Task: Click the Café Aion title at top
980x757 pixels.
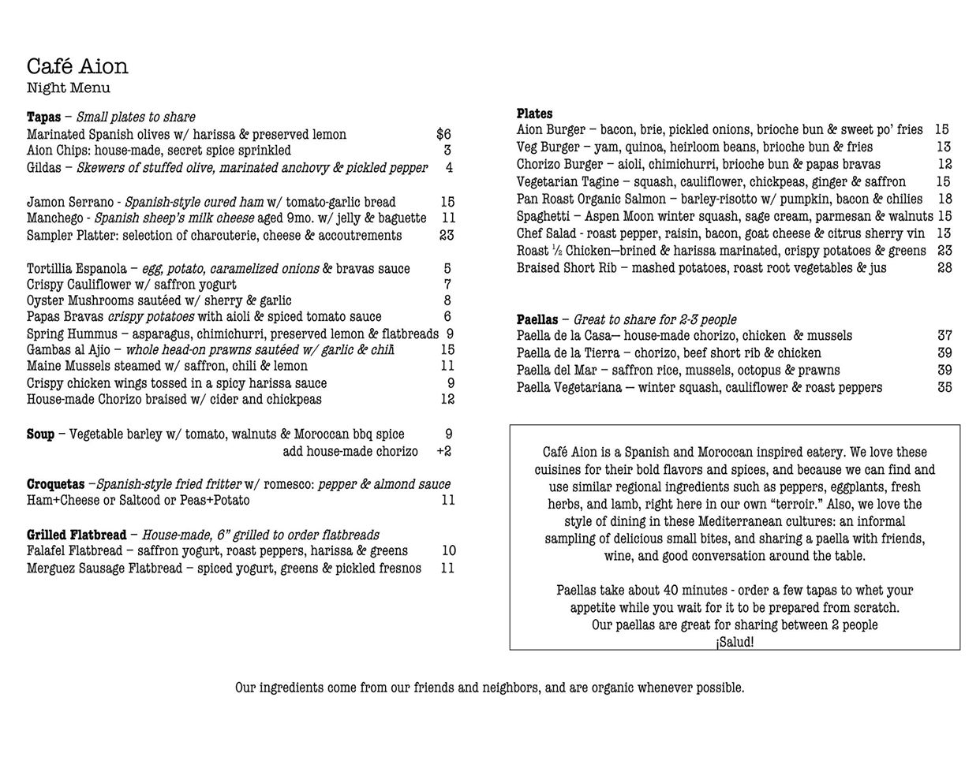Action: coord(77,66)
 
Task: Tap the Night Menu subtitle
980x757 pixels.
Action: coord(68,88)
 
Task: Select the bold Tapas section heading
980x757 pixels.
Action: coord(43,117)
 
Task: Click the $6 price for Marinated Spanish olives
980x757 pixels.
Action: coord(443,135)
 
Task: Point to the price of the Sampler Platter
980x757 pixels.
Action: coord(447,235)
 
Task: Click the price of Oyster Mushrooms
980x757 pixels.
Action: coord(447,300)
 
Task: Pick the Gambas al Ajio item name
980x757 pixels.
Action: coord(70,349)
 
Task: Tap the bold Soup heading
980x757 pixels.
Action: coord(40,434)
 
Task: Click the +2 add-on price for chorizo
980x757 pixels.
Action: coord(443,451)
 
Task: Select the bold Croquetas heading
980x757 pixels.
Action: coord(55,484)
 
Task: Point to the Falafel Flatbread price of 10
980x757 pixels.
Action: coord(448,551)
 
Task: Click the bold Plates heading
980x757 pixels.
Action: coord(534,114)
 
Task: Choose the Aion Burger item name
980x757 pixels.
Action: coord(551,130)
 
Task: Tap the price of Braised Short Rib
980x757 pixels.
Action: coord(944,268)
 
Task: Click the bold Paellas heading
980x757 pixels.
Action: coord(537,320)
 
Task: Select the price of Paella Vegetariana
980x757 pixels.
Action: coord(944,387)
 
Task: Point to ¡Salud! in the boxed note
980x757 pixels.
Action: coord(735,642)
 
